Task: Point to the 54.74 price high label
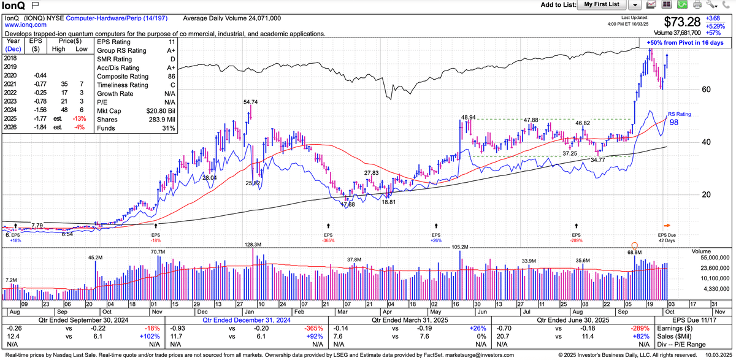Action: coord(250,102)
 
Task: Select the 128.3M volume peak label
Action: coord(253,244)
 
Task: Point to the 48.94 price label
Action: coord(469,117)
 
